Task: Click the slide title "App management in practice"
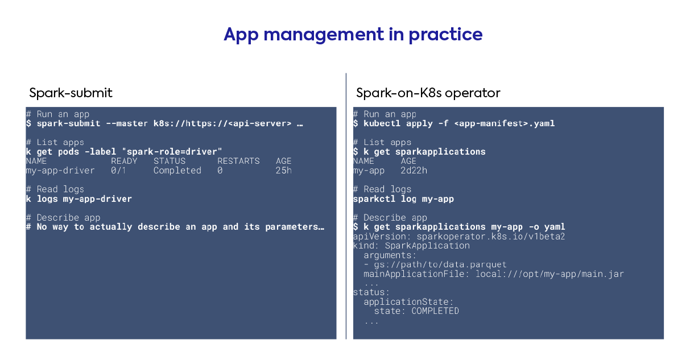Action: [x=353, y=35]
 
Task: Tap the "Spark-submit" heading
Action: [x=71, y=93]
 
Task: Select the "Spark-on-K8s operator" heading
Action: [x=428, y=93]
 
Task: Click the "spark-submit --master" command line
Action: [x=164, y=123]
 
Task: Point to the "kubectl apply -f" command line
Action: [x=454, y=123]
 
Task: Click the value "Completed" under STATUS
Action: [x=177, y=170]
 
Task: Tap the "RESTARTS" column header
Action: [x=238, y=161]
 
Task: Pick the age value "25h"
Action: [x=283, y=170]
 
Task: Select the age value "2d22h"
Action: [x=414, y=170]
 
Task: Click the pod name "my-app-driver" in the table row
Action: [x=60, y=170]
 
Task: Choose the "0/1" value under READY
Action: [x=118, y=170]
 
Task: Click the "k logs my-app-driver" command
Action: [x=79, y=198]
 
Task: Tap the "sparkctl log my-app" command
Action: [x=403, y=198]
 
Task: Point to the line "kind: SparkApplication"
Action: [x=411, y=246]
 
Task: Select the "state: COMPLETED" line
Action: [x=416, y=311]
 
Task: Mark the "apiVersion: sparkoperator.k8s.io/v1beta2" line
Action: [x=459, y=236]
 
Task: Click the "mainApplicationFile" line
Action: [x=494, y=274]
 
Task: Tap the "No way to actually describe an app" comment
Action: [x=175, y=227]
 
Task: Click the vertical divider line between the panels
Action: [x=346, y=206]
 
